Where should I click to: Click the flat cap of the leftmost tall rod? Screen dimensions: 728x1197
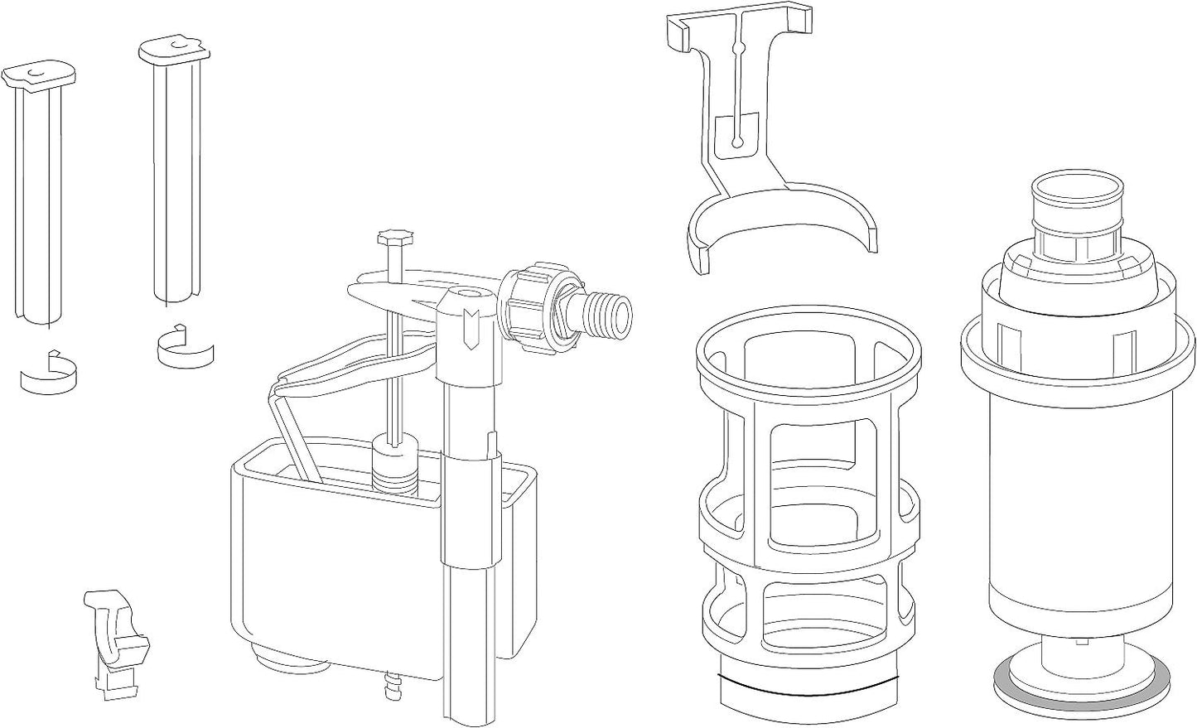click(x=40, y=75)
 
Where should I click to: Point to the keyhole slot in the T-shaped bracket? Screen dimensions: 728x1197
click(x=736, y=133)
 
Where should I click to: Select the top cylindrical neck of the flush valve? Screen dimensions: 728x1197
click(x=1074, y=199)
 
